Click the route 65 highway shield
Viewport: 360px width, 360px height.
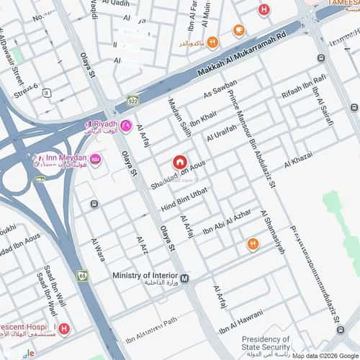pyautogui.click(x=83, y=274)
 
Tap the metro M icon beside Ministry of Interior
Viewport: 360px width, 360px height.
pyautogui.click(x=185, y=278)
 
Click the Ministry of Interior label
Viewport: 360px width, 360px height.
pyautogui.click(x=145, y=276)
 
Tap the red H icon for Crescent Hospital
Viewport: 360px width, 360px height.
pyautogui.click(x=65, y=329)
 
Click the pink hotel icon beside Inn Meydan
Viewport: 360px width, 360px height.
pyautogui.click(x=96, y=159)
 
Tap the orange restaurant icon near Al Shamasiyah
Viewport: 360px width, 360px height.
pyautogui.click(x=252, y=245)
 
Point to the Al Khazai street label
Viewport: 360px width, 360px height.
pyautogui.click(x=298, y=160)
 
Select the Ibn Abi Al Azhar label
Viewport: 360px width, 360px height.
pyautogui.click(x=227, y=224)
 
